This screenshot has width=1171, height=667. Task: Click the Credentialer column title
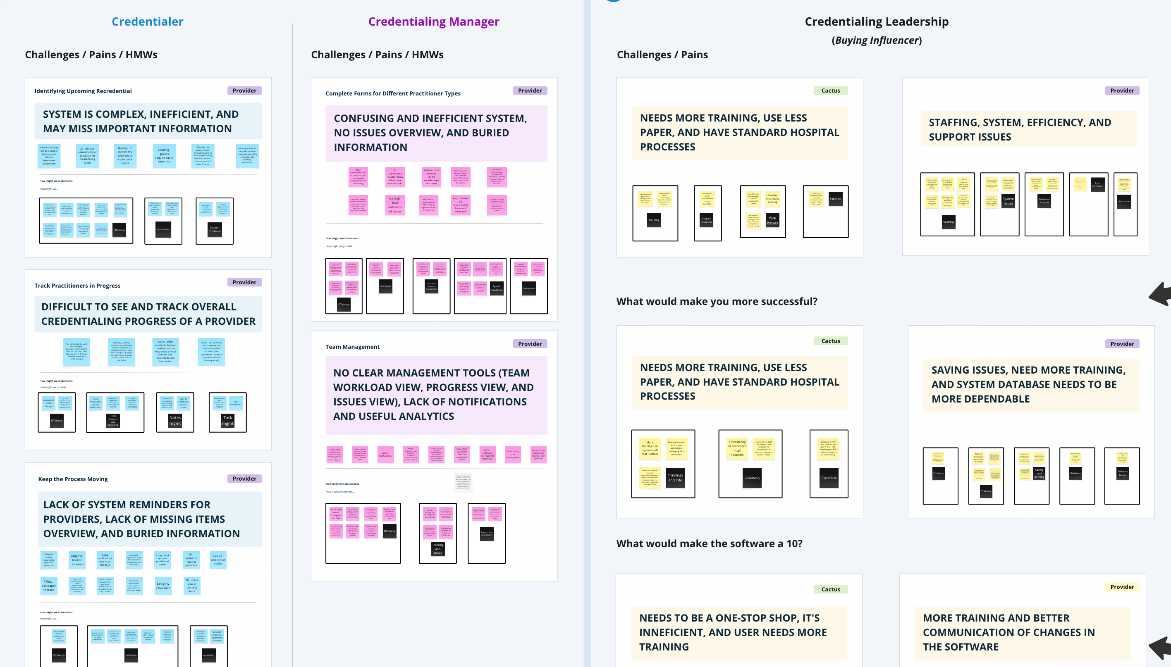pos(147,21)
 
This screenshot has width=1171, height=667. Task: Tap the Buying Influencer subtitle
pos(876,40)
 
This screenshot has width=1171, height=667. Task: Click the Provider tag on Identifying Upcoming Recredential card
pos(244,91)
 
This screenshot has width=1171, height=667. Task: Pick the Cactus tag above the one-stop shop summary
pos(830,589)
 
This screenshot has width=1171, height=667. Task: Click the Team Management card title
pos(352,347)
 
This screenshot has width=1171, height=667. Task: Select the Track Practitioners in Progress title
pos(77,286)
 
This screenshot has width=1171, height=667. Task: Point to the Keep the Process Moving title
pos(73,479)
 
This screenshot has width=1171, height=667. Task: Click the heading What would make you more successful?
pos(716,301)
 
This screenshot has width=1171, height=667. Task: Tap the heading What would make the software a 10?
pos(709,543)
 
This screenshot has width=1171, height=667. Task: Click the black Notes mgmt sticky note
pos(175,421)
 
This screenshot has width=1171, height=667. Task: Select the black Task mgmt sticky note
pos(228,421)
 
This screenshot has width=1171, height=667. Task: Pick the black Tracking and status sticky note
pos(438,549)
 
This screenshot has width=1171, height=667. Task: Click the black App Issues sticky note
pos(772,220)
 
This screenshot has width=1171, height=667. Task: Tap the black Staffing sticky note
pos(948,222)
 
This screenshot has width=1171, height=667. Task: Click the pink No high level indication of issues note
pos(394,205)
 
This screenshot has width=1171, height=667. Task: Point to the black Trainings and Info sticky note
pos(675,477)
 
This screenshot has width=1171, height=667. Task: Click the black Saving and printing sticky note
pos(1039,473)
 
